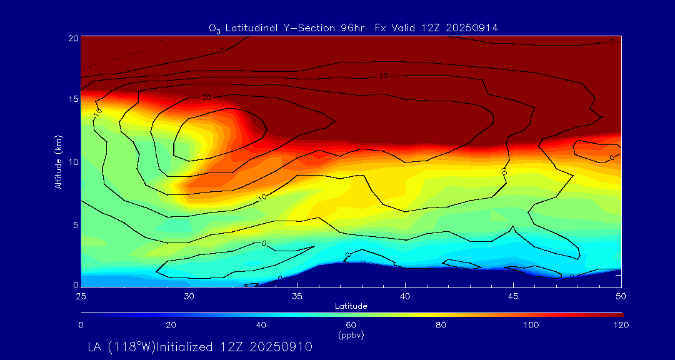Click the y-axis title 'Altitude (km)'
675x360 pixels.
58,161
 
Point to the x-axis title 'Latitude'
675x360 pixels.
351,306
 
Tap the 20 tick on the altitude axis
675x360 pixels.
73,37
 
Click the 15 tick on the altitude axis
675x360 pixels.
73,99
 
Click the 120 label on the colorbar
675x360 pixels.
621,325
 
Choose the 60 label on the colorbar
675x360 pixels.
351,325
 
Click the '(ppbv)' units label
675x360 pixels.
351,335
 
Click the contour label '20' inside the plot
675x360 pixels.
207,97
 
